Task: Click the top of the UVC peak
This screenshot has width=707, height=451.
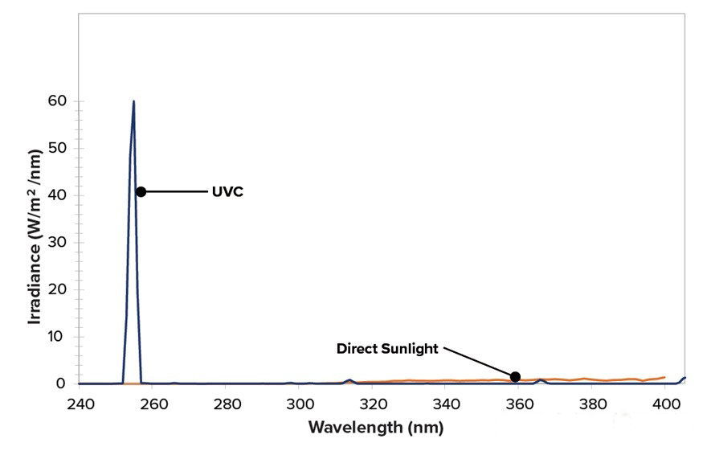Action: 133,101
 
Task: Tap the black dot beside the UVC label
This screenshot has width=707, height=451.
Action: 141,191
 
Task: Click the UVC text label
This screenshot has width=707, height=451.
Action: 227,192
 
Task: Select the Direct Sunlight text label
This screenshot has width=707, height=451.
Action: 387,349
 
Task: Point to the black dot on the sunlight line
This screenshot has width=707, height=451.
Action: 515,376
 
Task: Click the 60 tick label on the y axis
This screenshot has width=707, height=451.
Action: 55,101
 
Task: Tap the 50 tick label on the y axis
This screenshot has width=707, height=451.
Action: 55,149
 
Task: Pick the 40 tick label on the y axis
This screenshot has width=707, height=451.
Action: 55,195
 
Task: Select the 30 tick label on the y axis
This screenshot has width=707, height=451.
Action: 55,243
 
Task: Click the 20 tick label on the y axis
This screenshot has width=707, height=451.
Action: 55,289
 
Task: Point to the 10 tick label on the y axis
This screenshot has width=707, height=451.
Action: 55,337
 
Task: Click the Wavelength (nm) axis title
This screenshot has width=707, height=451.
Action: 375,427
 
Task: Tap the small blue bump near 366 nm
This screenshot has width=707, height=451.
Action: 541,380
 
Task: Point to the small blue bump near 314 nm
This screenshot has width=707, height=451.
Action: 349,380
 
